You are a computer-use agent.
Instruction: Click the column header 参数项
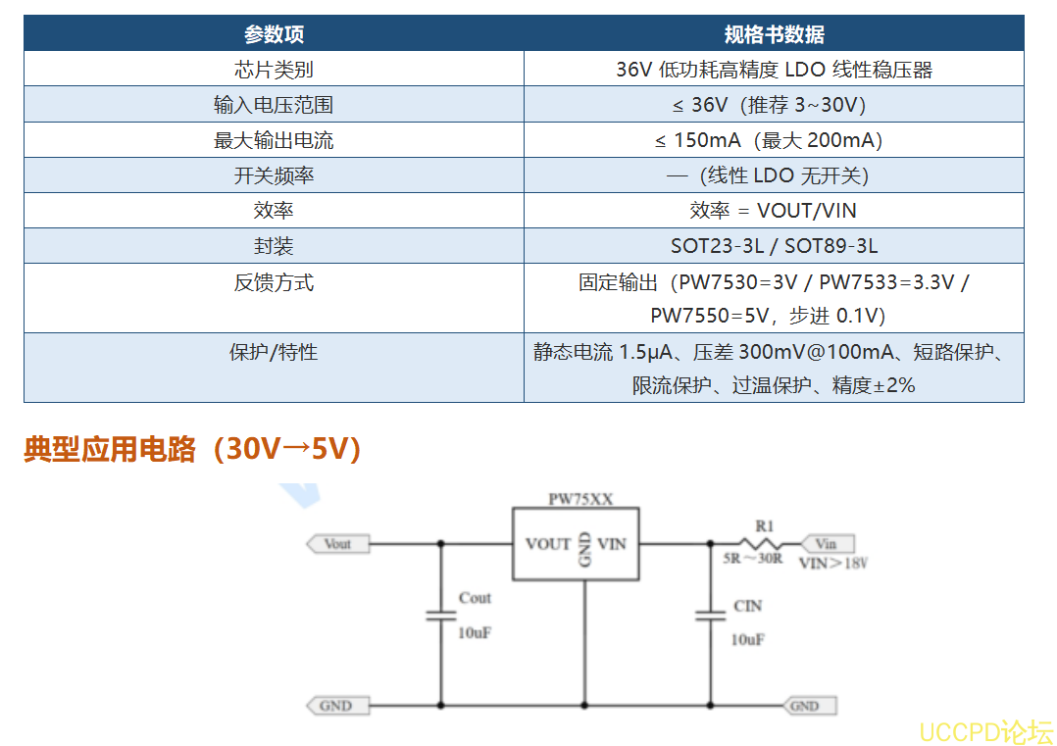coord(274,33)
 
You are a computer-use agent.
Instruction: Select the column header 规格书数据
coord(774,33)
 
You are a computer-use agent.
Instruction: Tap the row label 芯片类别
coord(274,70)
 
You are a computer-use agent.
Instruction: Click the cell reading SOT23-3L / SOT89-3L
coord(774,246)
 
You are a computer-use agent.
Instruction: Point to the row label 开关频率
coord(274,175)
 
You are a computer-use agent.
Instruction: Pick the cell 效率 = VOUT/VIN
coord(773,210)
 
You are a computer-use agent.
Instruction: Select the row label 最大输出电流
coord(274,140)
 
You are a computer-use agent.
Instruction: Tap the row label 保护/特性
coord(274,352)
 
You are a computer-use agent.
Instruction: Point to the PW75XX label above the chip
coord(580,499)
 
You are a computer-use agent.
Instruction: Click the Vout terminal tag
coord(338,544)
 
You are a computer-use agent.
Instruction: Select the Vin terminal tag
coord(828,544)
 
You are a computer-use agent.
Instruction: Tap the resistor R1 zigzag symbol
coord(761,543)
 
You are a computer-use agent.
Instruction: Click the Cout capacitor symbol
coord(441,616)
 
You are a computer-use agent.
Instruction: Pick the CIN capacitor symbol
coord(711,616)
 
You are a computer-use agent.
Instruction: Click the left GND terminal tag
coord(338,706)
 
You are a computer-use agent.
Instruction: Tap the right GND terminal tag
coord(810,706)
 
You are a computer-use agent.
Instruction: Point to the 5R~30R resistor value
coord(752,559)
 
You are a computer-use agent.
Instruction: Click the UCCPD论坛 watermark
coord(985,732)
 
